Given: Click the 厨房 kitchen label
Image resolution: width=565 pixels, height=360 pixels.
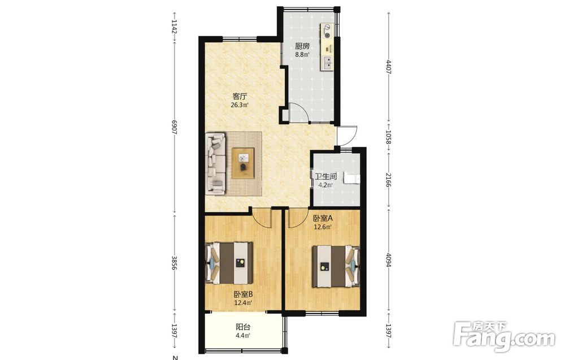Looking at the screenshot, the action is click(x=302, y=46).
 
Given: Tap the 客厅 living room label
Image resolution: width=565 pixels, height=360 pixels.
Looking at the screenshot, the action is click(x=240, y=97).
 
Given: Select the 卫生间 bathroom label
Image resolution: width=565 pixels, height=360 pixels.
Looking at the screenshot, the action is click(x=326, y=176).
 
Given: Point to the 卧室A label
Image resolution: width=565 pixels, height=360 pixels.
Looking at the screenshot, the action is click(x=323, y=218).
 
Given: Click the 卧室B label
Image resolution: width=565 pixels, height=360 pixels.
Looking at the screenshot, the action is click(x=243, y=294).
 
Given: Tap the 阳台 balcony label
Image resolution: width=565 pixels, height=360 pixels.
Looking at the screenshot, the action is click(x=243, y=327).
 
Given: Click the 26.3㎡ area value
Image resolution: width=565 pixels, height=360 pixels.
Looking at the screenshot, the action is click(x=240, y=105).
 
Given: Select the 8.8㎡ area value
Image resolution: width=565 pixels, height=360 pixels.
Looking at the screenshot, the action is click(x=302, y=55).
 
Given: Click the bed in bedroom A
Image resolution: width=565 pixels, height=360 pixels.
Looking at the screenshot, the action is click(x=336, y=266).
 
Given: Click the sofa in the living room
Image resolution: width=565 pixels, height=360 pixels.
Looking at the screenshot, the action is click(x=215, y=164).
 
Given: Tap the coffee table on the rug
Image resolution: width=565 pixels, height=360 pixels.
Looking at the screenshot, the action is click(x=243, y=163).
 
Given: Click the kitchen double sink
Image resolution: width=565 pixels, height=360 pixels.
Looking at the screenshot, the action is click(x=328, y=63).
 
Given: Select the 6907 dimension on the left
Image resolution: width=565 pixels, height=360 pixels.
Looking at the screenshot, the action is click(x=175, y=127).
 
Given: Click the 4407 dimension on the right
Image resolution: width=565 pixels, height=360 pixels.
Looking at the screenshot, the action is click(x=389, y=67).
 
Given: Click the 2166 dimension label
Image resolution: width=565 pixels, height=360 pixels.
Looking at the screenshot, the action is click(x=389, y=180).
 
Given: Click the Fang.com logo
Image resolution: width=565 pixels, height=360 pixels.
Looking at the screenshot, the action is click(x=505, y=337).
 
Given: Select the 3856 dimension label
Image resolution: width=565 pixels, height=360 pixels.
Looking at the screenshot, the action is click(x=175, y=263).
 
